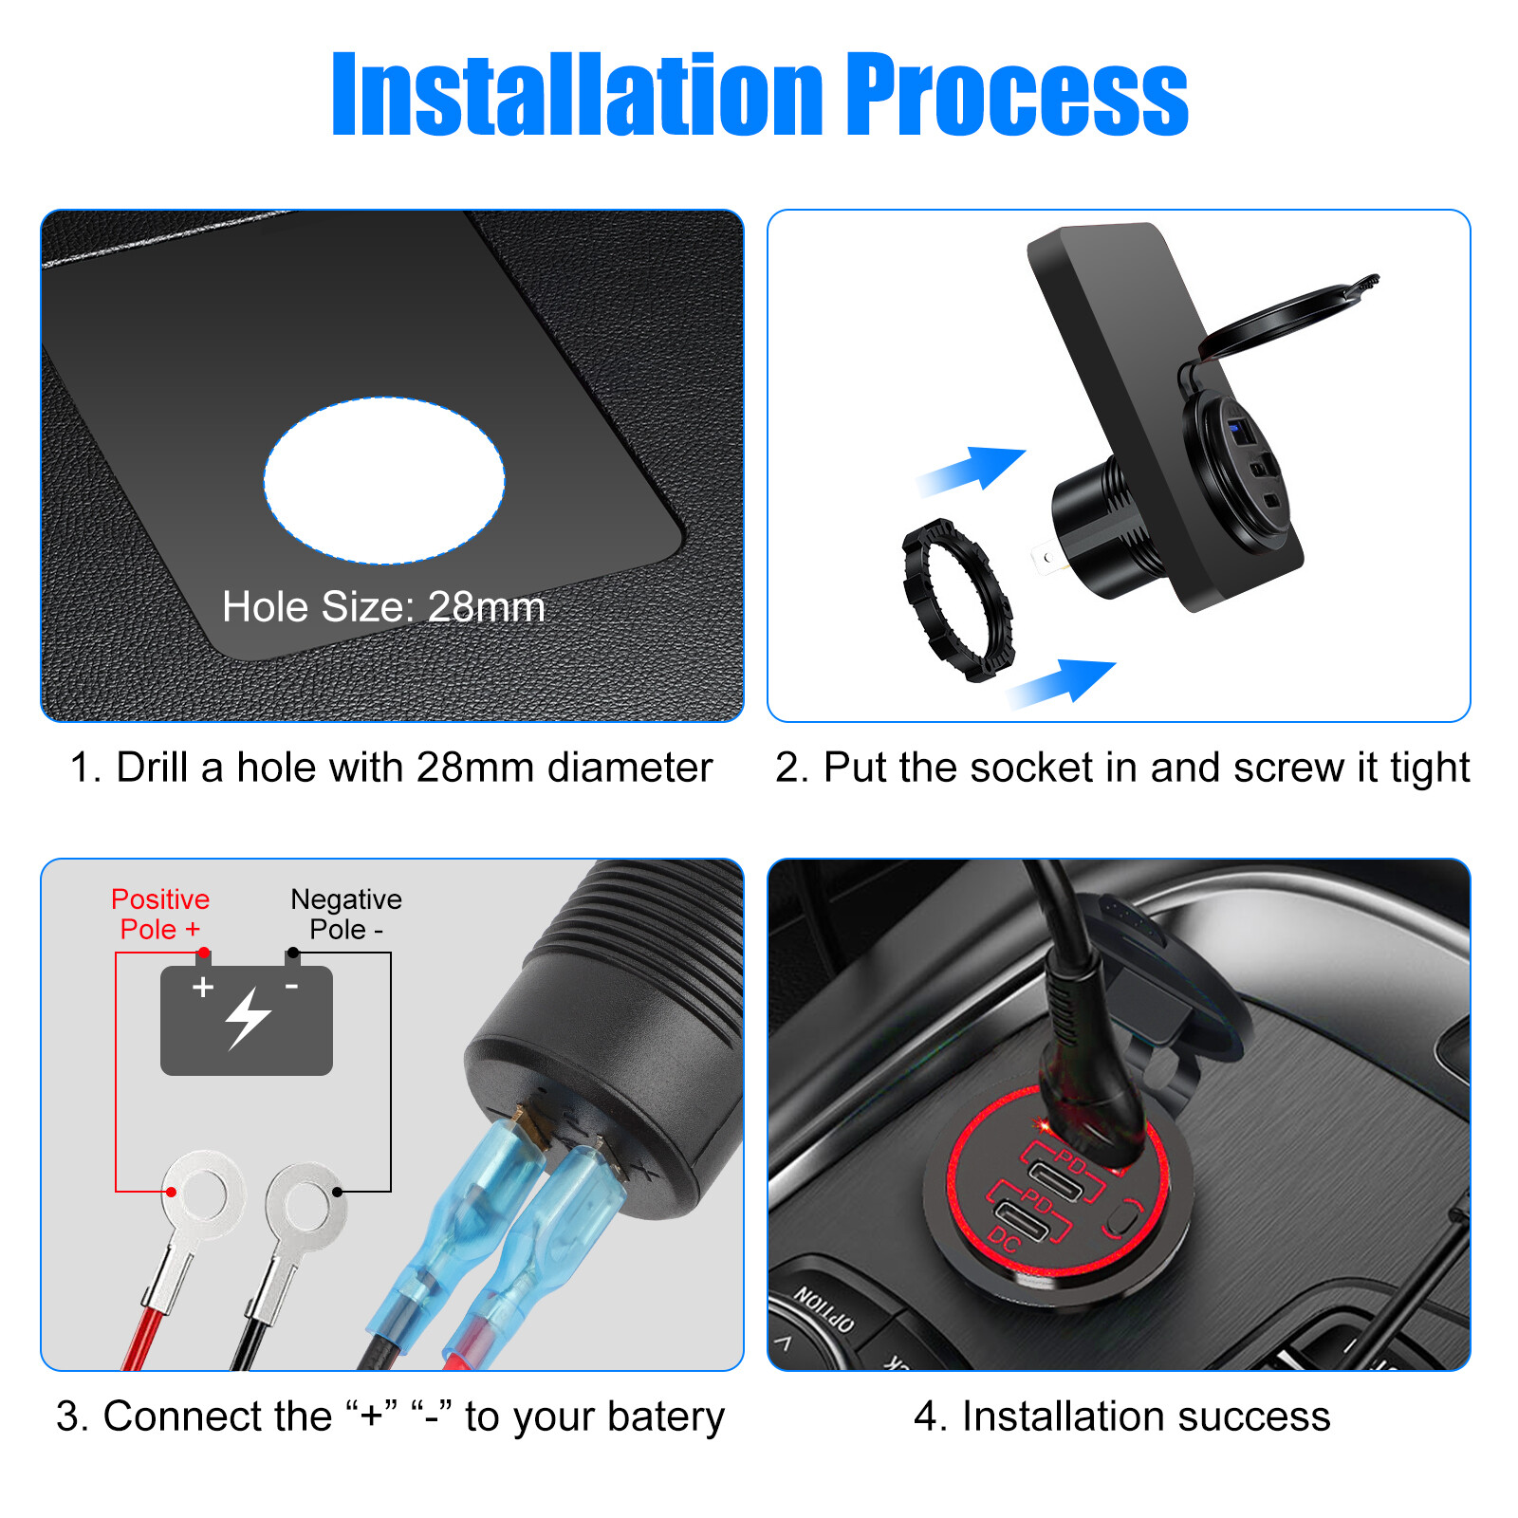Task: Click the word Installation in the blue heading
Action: pyautogui.click(x=577, y=95)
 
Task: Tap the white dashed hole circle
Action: pyautogui.click(x=384, y=480)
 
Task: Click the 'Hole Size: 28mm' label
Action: pyautogui.click(x=383, y=607)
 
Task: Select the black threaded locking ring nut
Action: pyautogui.click(x=956, y=600)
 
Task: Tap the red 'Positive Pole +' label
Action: pyautogui.click(x=159, y=914)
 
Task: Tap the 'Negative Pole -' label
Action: pyautogui.click(x=346, y=914)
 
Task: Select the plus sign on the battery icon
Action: pyautogui.click(x=202, y=988)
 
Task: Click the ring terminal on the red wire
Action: pyautogui.click(x=202, y=1192)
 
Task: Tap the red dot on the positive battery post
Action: pyautogui.click(x=203, y=953)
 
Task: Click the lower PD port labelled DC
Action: pyautogui.click(x=1022, y=1220)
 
